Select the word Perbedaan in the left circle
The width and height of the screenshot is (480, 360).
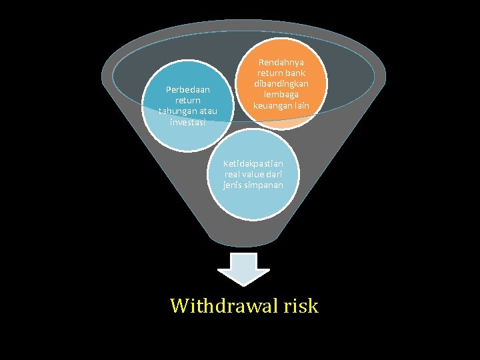(188, 89)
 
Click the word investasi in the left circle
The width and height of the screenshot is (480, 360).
(188, 122)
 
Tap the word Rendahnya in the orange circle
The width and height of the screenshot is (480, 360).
(281, 62)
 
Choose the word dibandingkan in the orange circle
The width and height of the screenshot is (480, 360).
(281, 84)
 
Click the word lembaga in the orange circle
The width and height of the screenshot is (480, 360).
(281, 95)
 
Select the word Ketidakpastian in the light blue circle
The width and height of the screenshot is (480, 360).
(253, 163)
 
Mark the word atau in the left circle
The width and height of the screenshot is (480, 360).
(207, 111)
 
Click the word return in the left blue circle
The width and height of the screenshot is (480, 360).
(188, 100)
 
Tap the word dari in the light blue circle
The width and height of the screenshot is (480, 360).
(274, 174)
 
